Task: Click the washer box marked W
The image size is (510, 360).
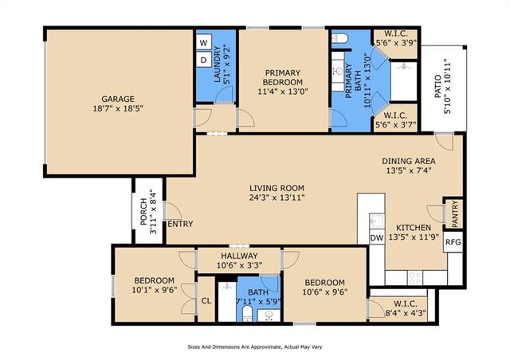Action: coord(204,42)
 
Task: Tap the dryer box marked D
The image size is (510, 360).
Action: coord(204,60)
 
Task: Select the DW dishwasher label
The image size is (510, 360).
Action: coord(377,237)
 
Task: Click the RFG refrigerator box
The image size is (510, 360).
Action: coord(453,242)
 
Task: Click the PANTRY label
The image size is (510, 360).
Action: coord(455,213)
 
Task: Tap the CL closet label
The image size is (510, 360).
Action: coord(206,301)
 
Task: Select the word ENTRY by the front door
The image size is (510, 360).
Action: coord(180,224)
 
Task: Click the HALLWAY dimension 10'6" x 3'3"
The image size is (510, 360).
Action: coord(239,265)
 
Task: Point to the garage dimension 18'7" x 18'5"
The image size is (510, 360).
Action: coord(118,108)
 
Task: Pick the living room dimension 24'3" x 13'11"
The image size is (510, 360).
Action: coord(277,198)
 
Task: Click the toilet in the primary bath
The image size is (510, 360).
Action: coord(339,38)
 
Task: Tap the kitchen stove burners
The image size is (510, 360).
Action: coord(414,278)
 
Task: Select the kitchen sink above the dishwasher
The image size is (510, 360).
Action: coord(377,221)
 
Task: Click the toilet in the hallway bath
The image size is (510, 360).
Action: coord(247,313)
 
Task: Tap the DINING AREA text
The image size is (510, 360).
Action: coord(409,161)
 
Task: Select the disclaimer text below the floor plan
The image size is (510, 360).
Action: coord(255,347)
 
